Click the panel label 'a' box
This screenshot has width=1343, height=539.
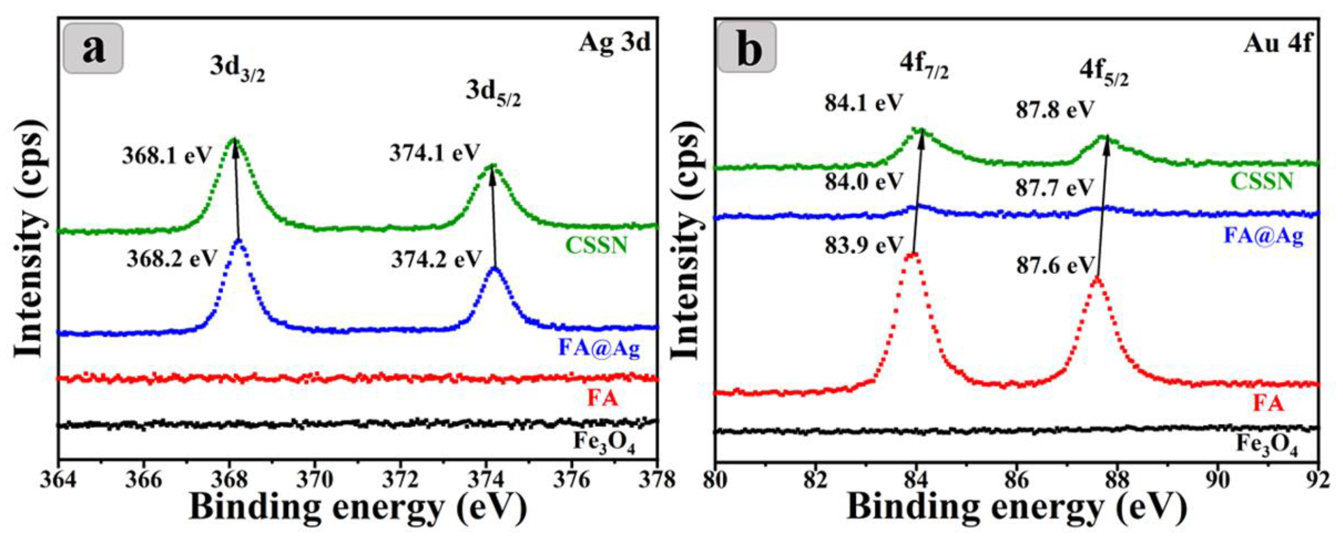(93, 48)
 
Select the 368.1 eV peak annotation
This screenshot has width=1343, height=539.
(167, 156)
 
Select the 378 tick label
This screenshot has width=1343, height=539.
(656, 479)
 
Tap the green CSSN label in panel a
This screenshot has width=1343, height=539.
(596, 245)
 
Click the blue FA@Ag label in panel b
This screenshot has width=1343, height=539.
(1263, 236)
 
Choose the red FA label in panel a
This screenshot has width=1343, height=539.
(603, 399)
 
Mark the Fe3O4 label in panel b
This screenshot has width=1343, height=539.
(1266, 446)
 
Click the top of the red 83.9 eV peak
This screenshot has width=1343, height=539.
(912, 255)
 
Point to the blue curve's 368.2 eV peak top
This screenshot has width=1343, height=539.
(239, 241)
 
